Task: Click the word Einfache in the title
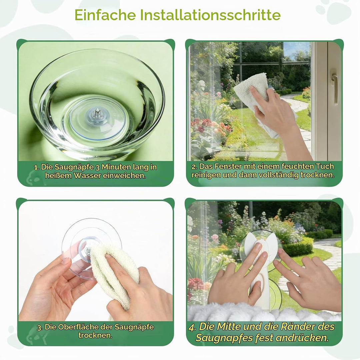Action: pos(105,15)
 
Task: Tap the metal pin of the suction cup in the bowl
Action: pos(97,113)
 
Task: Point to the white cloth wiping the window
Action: pos(257,96)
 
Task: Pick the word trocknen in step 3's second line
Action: pos(95,335)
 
